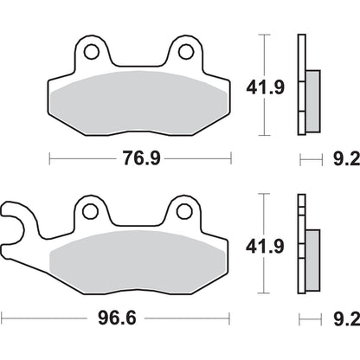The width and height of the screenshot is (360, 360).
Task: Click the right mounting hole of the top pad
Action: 184,52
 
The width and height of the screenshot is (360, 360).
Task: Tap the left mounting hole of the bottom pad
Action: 87,209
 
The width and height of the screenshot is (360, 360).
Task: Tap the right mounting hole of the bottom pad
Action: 183,209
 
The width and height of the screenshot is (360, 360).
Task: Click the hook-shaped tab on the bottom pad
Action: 16,222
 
